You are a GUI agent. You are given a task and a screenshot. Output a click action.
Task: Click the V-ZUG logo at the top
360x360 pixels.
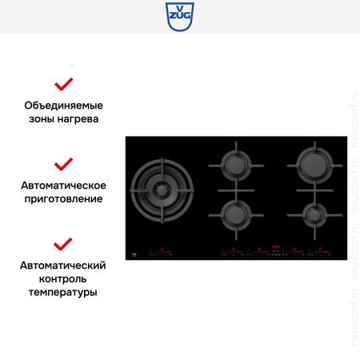[x=180, y=16]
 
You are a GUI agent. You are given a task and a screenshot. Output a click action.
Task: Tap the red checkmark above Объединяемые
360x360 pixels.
[x=63, y=84]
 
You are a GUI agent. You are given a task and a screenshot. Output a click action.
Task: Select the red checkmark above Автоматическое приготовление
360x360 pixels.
[x=63, y=164]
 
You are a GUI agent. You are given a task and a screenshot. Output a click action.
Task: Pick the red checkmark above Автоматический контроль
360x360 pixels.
[x=63, y=244]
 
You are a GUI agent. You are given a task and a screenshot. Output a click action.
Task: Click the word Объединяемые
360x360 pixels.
[x=63, y=106]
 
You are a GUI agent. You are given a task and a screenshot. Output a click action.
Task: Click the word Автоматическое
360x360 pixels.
[x=63, y=186]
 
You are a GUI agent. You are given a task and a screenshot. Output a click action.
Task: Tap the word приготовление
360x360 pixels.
[x=63, y=199]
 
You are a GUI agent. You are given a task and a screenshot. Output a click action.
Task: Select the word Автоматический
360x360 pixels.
[x=63, y=266]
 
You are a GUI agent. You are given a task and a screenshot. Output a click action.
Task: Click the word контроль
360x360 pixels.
[x=63, y=279]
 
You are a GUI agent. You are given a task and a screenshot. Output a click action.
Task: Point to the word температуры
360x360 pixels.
[x=63, y=293]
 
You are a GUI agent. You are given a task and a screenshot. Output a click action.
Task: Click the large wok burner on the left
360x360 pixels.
[x=163, y=192]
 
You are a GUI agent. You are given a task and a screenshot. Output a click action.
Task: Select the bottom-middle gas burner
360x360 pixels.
[x=235, y=214]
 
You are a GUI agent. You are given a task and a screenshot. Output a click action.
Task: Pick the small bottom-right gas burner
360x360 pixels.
[x=312, y=214]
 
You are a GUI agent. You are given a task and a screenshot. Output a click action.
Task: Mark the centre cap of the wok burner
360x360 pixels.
[x=163, y=192]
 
